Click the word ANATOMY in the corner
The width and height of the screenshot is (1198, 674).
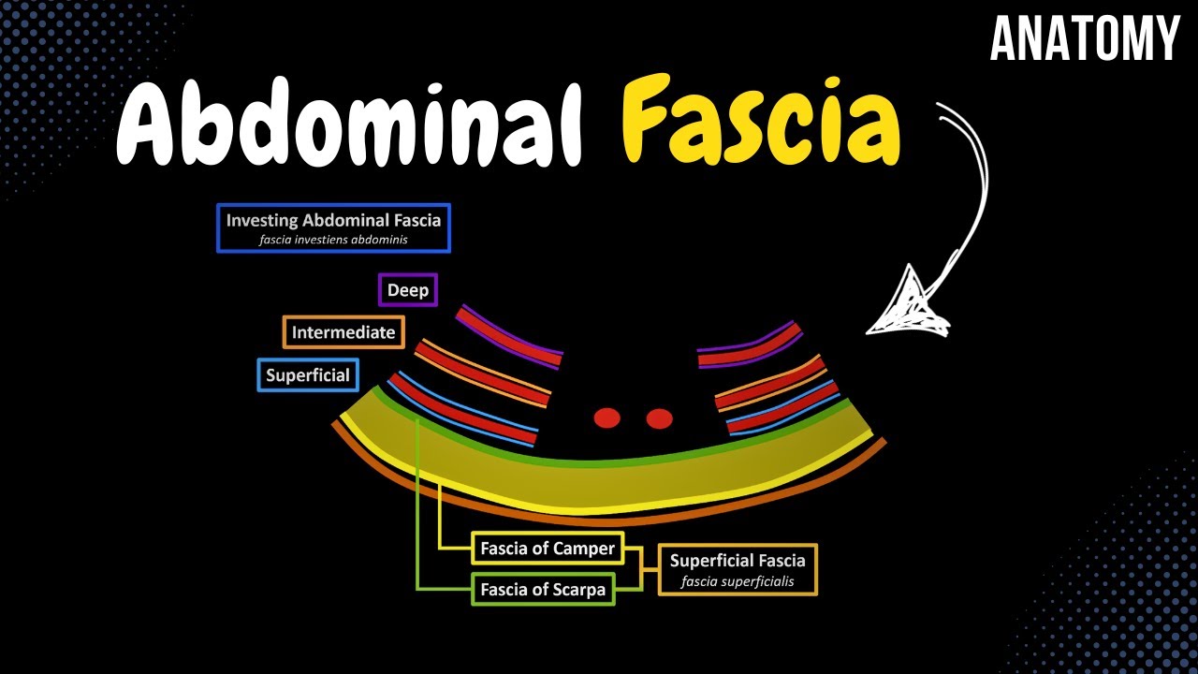pyautogui.click(x=1085, y=38)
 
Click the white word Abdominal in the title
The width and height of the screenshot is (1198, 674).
pyautogui.click(x=349, y=122)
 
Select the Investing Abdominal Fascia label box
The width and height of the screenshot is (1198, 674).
pyautogui.click(x=334, y=227)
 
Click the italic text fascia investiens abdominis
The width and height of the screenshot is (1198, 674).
pyautogui.click(x=333, y=240)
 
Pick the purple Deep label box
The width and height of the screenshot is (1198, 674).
pyautogui.click(x=408, y=290)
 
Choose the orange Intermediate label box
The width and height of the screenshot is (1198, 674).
pyautogui.click(x=343, y=332)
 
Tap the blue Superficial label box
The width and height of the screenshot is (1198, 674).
pyautogui.click(x=308, y=375)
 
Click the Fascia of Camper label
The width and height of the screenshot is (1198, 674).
pyautogui.click(x=548, y=548)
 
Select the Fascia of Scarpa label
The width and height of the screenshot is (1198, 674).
pyautogui.click(x=543, y=589)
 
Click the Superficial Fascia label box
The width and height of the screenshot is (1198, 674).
pyautogui.click(x=738, y=570)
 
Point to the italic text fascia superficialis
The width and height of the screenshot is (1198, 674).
pyautogui.click(x=738, y=581)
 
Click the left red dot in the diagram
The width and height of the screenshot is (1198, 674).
pyautogui.click(x=607, y=418)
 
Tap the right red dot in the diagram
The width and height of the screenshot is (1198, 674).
pyautogui.click(x=659, y=418)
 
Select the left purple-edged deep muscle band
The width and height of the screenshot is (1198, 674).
pyautogui.click(x=508, y=337)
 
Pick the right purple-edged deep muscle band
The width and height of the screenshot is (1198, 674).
pyautogui.click(x=750, y=345)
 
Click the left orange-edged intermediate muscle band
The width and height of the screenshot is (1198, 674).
pyautogui.click(x=482, y=374)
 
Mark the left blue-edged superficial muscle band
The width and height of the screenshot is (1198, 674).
pyautogui.click(x=462, y=409)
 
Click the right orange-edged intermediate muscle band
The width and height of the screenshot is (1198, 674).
pyautogui.click(x=771, y=383)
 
